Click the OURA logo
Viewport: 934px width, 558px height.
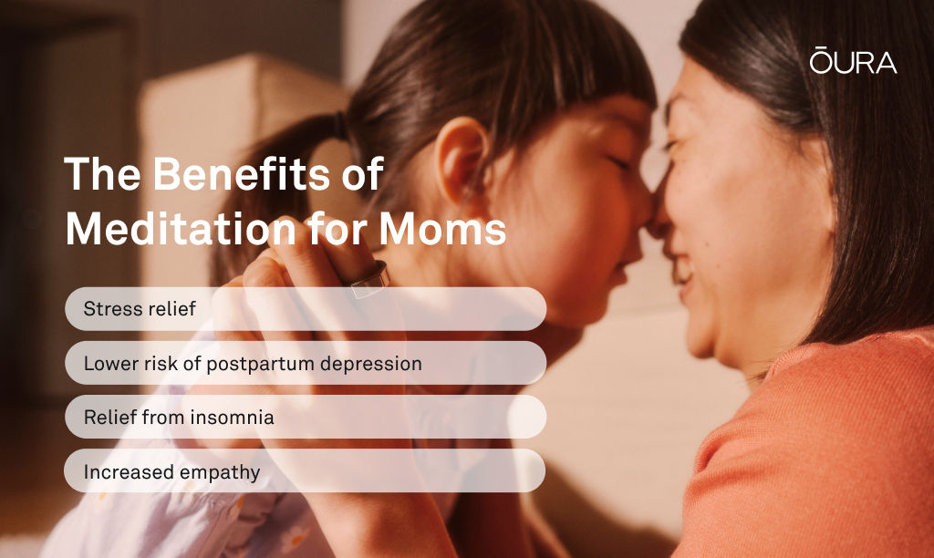coord(853,60)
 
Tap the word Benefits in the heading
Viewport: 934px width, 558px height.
coord(242,174)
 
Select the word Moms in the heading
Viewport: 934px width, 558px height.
coord(442,229)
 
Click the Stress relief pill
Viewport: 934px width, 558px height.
coord(306,309)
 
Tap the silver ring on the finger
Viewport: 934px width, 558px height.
coord(370,280)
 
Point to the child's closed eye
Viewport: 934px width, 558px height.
coord(617,161)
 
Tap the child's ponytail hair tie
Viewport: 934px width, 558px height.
coord(340,126)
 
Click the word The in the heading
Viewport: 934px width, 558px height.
coord(102,174)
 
